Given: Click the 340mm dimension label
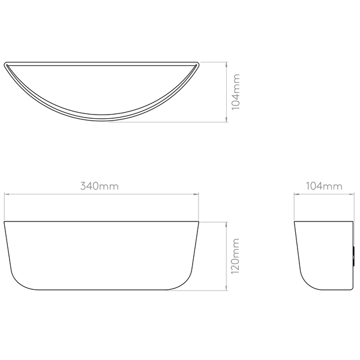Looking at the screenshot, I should tap(100, 187).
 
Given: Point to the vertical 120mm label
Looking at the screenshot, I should tap(236, 256).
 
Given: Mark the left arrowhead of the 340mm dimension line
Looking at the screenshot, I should tap(7, 193).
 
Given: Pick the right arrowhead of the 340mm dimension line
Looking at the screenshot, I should tap(196, 193).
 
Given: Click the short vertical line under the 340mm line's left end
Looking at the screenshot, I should tap(5, 206).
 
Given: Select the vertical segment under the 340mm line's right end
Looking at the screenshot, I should tap(199, 208).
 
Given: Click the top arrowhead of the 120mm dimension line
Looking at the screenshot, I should tap(226, 224).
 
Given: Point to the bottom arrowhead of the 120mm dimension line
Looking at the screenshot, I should tap(226, 289).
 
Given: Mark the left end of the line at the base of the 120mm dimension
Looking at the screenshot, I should tap(165, 292).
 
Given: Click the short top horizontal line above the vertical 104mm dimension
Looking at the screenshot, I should tap(213, 61).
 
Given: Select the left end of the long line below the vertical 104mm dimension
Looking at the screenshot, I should tap(109, 122).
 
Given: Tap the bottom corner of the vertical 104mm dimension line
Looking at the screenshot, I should tap(226, 122).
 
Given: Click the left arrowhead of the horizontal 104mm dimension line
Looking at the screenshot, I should tap(295, 193).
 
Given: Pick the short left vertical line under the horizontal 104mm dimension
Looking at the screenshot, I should tap(293, 207).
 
